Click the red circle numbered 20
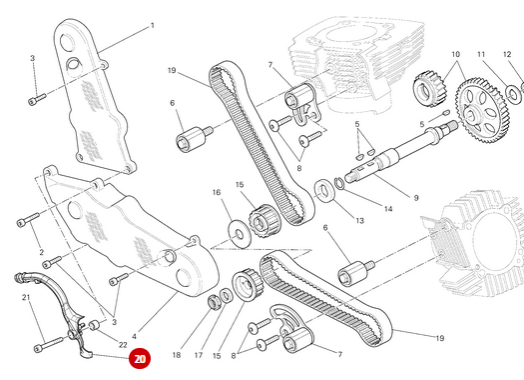[x=140, y=359]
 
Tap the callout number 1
[x=153, y=25]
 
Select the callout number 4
[x=134, y=336]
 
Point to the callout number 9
[x=416, y=198]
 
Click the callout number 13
[x=359, y=221]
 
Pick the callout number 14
[x=388, y=209]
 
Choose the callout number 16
[x=217, y=192]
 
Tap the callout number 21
[x=26, y=297]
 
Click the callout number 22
[x=123, y=345]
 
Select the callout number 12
[x=507, y=54]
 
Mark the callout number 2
[x=42, y=252]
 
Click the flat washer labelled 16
[x=240, y=234]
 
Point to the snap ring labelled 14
[x=339, y=183]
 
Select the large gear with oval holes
[x=481, y=110]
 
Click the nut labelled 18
[x=213, y=301]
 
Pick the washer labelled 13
[x=324, y=191]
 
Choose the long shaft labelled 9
[x=401, y=152]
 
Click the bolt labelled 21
[x=49, y=345]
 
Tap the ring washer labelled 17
[x=226, y=295]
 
